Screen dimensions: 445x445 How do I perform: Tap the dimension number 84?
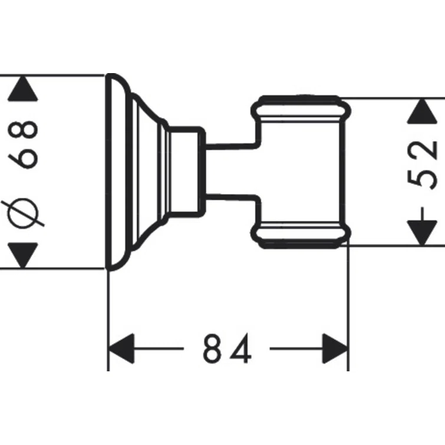(227, 348)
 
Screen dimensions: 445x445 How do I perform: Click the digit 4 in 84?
(242, 348)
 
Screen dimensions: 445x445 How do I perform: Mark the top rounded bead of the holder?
(301, 106)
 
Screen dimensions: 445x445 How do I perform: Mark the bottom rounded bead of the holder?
(301, 232)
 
